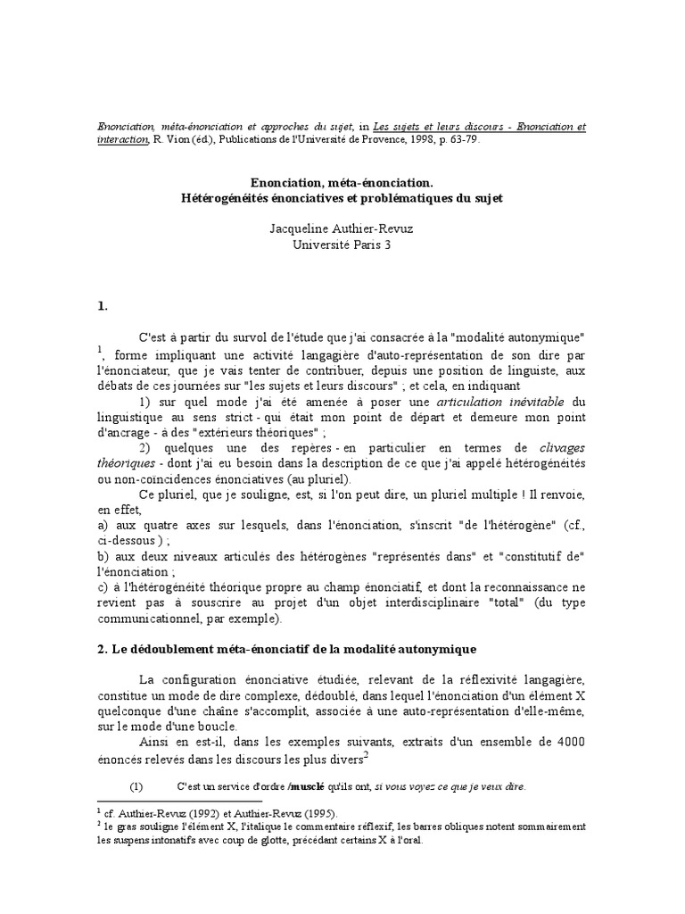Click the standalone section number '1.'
(x=102, y=306)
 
